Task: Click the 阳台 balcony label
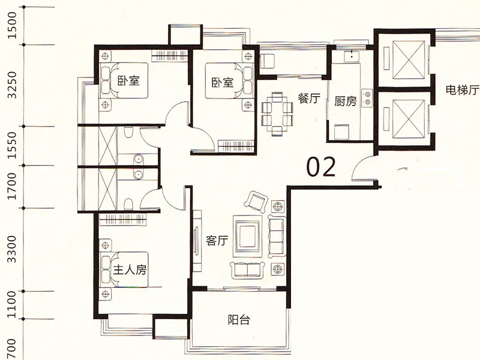tap(239, 320)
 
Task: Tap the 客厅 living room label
tap(217, 241)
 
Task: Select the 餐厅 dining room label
tap(309, 98)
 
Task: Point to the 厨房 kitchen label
tap(346, 101)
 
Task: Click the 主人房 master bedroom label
tap(130, 269)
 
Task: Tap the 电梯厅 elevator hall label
tap(463, 90)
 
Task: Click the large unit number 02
tap(321, 167)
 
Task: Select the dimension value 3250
tap(12, 85)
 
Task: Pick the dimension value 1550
tap(12, 145)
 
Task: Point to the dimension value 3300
tap(12, 249)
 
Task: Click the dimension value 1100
tap(12, 305)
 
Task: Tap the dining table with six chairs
tap(277, 113)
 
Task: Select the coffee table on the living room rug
tap(248, 236)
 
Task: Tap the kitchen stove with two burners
tap(367, 98)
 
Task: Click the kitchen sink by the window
tap(352, 56)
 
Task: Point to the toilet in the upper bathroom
tap(129, 132)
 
